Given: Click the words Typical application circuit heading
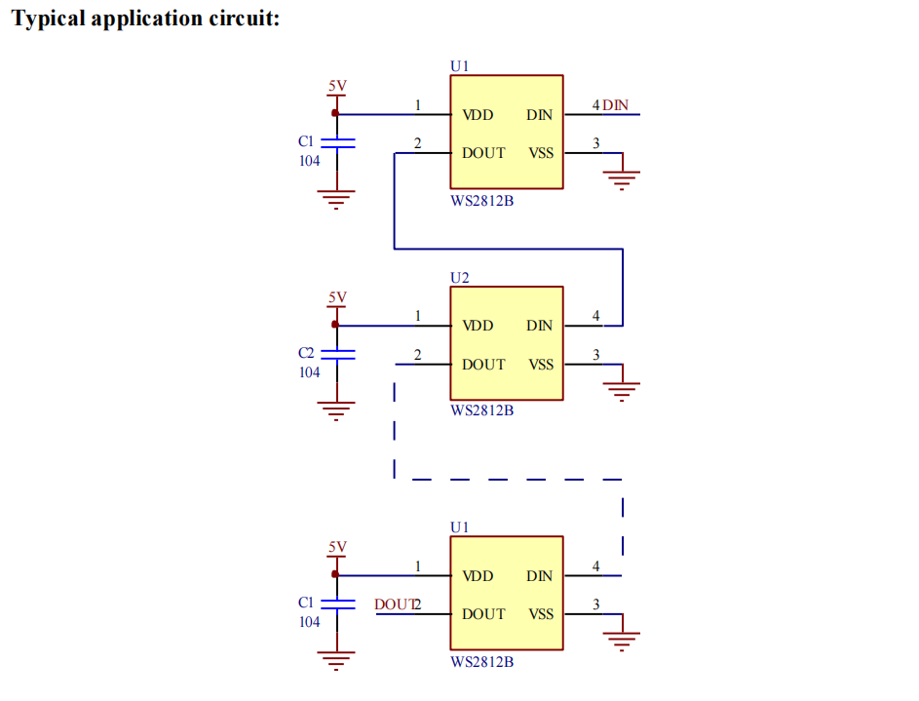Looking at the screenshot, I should pos(146,19).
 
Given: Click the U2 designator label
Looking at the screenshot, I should pos(460,277).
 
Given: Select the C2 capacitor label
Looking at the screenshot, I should pos(306,352).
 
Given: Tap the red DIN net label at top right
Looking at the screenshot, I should pos(615,104).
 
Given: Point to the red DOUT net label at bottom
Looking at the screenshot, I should pos(394,604).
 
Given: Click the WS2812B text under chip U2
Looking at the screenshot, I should pos(481,410).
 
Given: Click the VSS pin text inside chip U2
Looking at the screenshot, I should pos(541,365).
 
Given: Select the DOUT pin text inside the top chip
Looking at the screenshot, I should pos(483,153).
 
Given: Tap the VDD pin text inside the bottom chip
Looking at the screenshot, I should pos(478,576).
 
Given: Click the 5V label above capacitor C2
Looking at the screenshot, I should pos(337,296).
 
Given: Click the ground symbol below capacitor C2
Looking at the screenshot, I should pos(336,410).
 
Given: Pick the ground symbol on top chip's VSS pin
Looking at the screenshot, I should pos(623,179).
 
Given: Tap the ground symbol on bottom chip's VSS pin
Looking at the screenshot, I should pos(623,641).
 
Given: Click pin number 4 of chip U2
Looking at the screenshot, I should pos(596,316).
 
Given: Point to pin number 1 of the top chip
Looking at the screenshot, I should pos(417,104).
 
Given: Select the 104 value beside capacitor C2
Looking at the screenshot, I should pos(309,372).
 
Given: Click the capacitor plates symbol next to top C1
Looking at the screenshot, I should pos(337,143).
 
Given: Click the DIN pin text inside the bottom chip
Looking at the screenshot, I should pos(539,576).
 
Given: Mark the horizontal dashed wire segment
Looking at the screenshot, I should pos(517,480).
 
